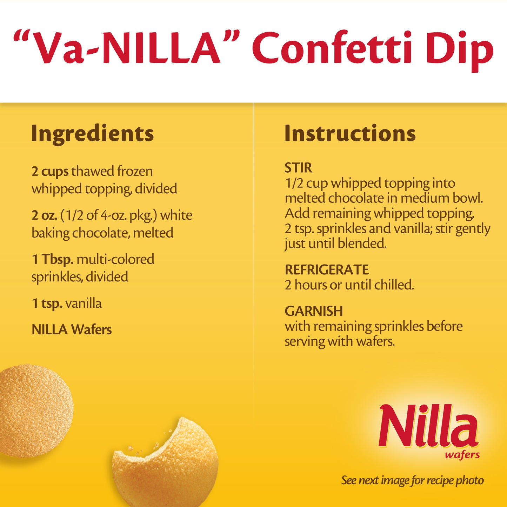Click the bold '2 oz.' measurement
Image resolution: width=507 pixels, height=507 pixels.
tap(44, 215)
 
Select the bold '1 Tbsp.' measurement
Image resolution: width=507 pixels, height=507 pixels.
tap(53, 260)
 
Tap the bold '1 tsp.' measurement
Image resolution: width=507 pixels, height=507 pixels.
tap(47, 303)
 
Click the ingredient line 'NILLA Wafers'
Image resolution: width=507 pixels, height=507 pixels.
tap(72, 329)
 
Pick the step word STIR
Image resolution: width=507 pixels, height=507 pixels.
tap(298, 168)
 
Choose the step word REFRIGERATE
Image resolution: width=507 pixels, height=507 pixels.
tap(327, 270)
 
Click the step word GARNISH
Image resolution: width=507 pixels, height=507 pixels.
tap(314, 311)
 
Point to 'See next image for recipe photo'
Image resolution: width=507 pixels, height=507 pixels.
tap(413, 480)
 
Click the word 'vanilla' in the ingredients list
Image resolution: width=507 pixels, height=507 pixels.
tap(84, 303)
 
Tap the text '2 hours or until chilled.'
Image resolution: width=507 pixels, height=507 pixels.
tap(349, 285)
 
